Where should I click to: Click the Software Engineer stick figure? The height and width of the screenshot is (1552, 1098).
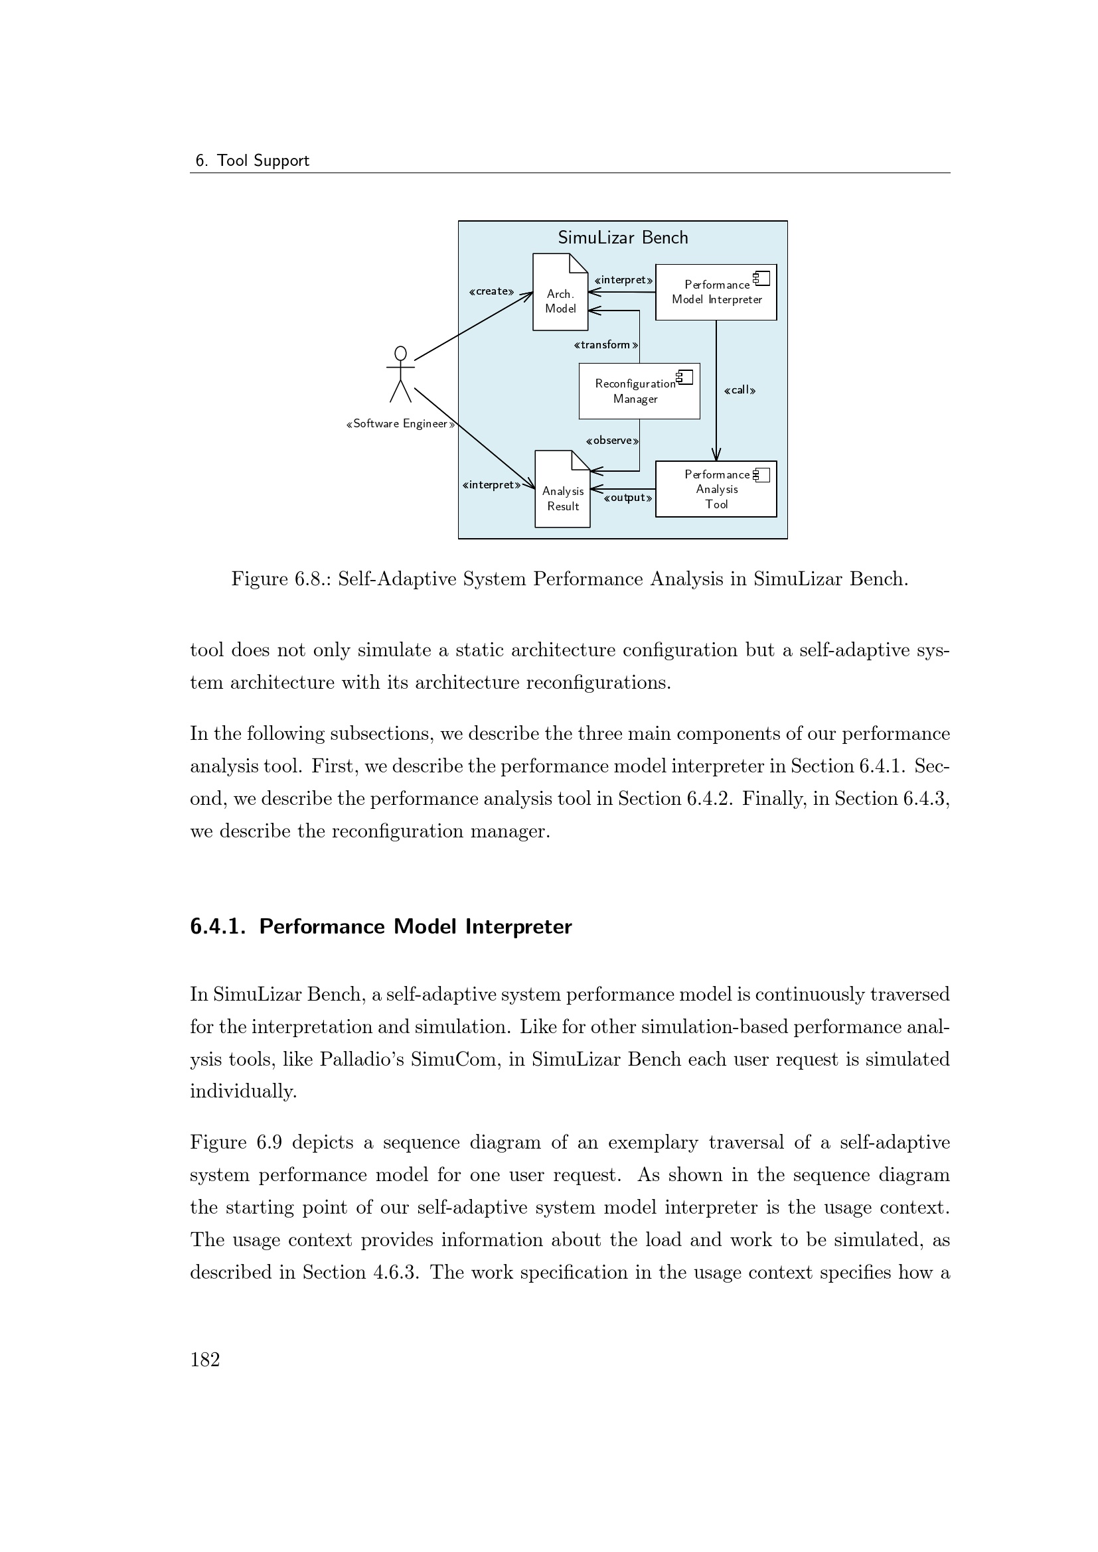pyautogui.click(x=400, y=374)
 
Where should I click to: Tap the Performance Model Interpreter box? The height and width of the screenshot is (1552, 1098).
pyautogui.click(x=716, y=292)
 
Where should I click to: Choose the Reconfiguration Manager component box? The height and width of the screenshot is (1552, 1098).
pyautogui.click(x=638, y=391)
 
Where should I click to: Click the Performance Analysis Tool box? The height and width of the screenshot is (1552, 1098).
pyautogui.click(x=716, y=490)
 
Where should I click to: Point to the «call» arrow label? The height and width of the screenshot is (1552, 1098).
pyautogui.click(x=739, y=391)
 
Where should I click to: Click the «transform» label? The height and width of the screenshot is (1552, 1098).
pyautogui.click(x=605, y=346)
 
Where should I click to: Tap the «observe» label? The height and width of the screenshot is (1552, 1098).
pyautogui.click(x=612, y=441)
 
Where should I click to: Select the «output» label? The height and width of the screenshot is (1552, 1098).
pyautogui.click(x=627, y=499)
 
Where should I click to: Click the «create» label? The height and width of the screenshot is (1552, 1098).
pyautogui.click(x=491, y=292)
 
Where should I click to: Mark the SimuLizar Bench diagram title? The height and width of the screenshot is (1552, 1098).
pyautogui.click(x=622, y=238)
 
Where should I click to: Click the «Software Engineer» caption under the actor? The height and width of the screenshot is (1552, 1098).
pyautogui.click(x=400, y=425)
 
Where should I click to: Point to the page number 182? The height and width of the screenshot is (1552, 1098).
pyautogui.click(x=206, y=1360)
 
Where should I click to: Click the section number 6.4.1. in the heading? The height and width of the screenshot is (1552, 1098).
pyautogui.click(x=218, y=927)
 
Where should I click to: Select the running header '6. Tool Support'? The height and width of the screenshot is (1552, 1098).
pyautogui.click(x=252, y=161)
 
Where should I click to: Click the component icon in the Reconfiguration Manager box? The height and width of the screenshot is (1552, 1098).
pyautogui.click(x=685, y=377)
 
